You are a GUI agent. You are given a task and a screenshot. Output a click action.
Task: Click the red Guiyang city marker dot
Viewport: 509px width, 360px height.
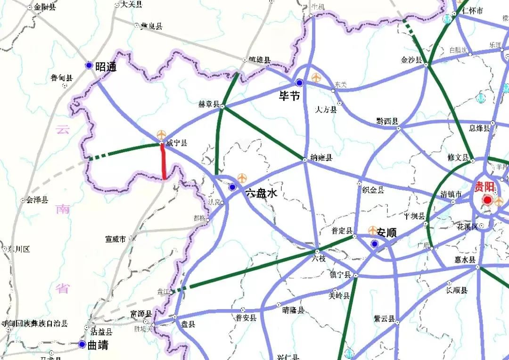pyautogui.click(x=487, y=201)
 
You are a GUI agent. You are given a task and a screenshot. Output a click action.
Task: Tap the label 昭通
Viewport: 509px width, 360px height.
pyautogui.click(x=106, y=67)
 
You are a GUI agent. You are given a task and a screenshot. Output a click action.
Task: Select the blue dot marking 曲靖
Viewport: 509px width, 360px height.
pyautogui.click(x=82, y=344)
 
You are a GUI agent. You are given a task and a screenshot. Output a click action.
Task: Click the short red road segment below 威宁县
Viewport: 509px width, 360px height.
pyautogui.click(x=163, y=162)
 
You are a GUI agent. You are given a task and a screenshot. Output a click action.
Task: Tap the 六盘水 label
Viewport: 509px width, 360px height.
pyautogui.click(x=261, y=193)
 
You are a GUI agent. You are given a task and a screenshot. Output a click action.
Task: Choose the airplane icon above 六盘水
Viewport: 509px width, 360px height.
pyautogui.click(x=242, y=178)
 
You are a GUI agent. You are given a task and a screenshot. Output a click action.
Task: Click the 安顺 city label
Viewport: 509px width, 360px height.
pyautogui.click(x=386, y=232)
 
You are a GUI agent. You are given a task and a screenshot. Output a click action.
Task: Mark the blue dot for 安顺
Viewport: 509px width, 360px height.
pyautogui.click(x=374, y=244)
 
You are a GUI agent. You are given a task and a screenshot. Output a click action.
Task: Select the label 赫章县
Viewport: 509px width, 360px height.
pyautogui.click(x=209, y=104)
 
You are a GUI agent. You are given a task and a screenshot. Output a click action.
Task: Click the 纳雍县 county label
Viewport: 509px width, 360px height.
pyautogui.click(x=322, y=158)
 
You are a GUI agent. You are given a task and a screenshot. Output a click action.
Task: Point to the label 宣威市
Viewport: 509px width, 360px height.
pyautogui.click(x=115, y=239)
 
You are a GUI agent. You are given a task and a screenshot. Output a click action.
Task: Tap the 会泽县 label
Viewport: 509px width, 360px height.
pyautogui.click(x=37, y=200)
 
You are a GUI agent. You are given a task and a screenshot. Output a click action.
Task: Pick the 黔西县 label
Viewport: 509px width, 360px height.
pyautogui.click(x=387, y=121)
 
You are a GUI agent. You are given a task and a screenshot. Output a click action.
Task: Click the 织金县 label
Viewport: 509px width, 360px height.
pyautogui.click(x=373, y=189)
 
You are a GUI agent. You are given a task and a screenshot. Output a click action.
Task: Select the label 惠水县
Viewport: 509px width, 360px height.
pyautogui.click(x=465, y=260)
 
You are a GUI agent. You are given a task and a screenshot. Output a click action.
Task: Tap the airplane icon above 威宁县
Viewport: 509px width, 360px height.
pyautogui.click(x=161, y=135)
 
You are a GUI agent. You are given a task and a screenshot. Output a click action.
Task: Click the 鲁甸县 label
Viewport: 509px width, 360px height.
pyautogui.click(x=62, y=78)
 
